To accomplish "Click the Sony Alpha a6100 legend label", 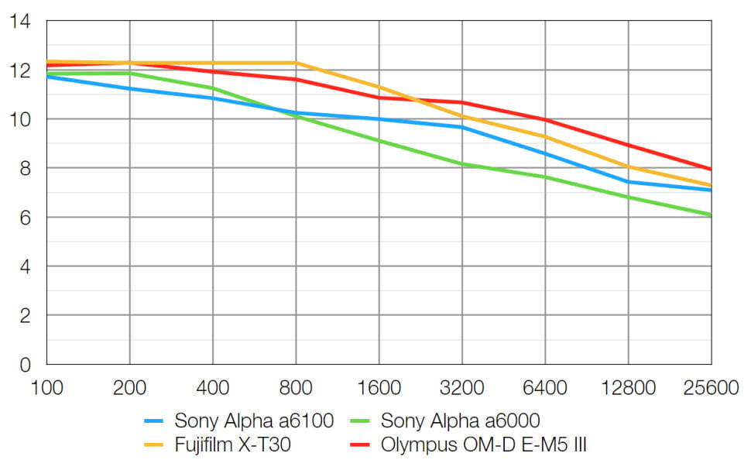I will (254, 421).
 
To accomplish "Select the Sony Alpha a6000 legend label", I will (460, 421).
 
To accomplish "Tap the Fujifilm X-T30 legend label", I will (229, 445).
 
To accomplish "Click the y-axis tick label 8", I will (26, 168).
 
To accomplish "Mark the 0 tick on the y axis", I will (26, 364).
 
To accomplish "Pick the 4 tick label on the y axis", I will (26, 266).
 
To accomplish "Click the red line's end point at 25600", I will (711, 169).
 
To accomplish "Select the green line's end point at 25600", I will (711, 215).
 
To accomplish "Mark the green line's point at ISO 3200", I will (461, 163).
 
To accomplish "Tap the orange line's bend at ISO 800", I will (295, 63).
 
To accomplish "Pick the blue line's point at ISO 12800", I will (628, 182).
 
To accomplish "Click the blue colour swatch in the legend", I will (156, 422).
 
